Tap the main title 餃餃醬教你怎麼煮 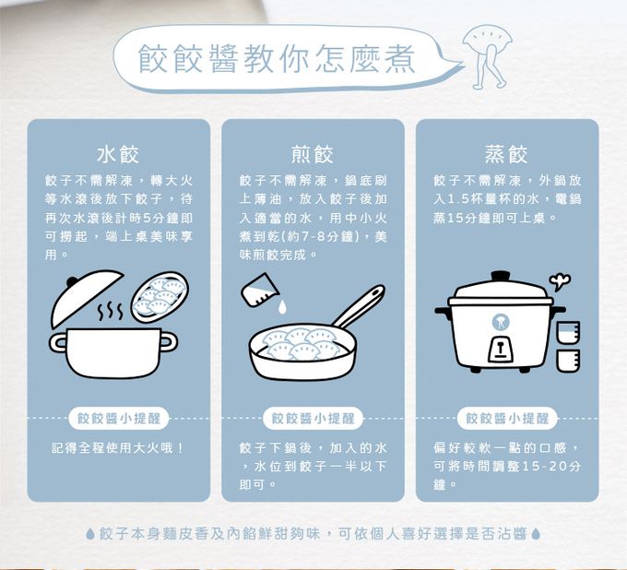pyautogui.click(x=277, y=57)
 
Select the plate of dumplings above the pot pyautogui.click(x=159, y=296)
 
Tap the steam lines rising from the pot pyautogui.click(x=110, y=311)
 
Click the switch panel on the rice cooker pyautogui.click(x=500, y=348)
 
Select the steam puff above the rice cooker pyautogui.click(x=558, y=279)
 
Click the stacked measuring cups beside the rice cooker pyautogui.click(x=567, y=346)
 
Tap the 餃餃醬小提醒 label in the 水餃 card pyautogui.click(x=118, y=418)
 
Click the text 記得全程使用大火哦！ pyautogui.click(x=118, y=448)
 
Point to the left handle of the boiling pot pyautogui.click(x=59, y=342)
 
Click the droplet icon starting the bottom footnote pyautogui.click(x=89, y=534)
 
